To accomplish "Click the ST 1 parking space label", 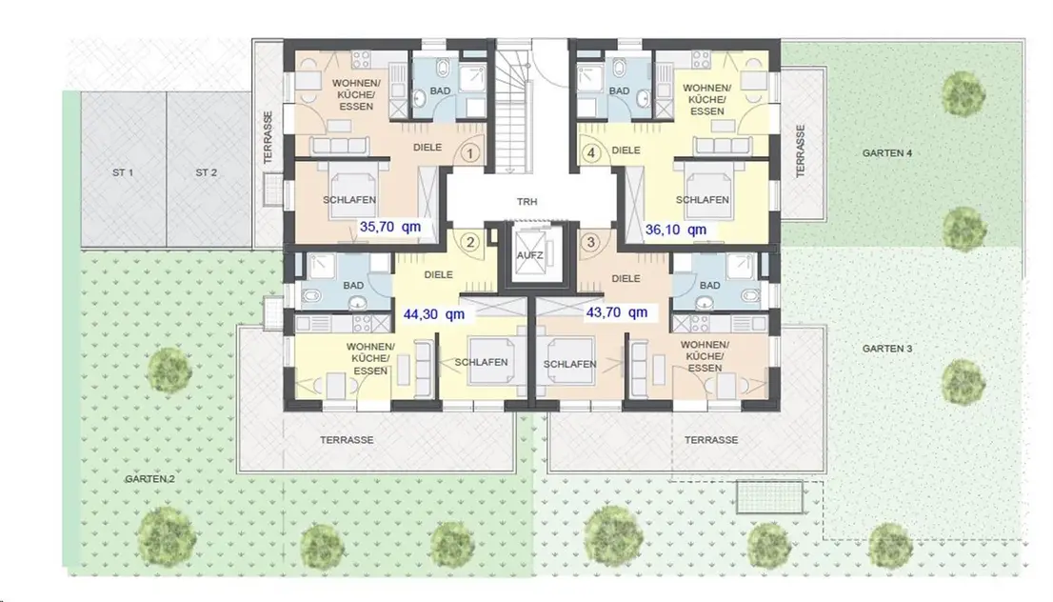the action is pyautogui.click(x=123, y=172).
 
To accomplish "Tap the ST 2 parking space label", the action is pyautogui.click(x=207, y=172).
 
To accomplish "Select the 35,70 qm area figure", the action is pyautogui.click(x=390, y=227).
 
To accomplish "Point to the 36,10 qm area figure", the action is pyautogui.click(x=676, y=230).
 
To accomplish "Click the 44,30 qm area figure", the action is pyautogui.click(x=434, y=313).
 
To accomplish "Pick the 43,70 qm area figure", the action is pyautogui.click(x=617, y=312).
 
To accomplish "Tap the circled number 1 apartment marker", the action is pyautogui.click(x=470, y=154).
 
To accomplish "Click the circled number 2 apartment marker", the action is pyautogui.click(x=470, y=242).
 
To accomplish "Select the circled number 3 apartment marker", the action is pyautogui.click(x=591, y=242).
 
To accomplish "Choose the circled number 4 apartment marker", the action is pyautogui.click(x=591, y=153).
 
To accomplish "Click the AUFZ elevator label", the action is pyautogui.click(x=530, y=255).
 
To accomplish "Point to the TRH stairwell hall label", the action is pyautogui.click(x=527, y=202).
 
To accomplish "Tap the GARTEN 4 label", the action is pyautogui.click(x=887, y=153).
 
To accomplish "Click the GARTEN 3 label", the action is pyautogui.click(x=887, y=349).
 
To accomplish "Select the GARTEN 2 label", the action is pyautogui.click(x=149, y=479).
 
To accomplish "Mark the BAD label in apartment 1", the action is pyautogui.click(x=441, y=90).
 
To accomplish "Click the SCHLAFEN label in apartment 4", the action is pyautogui.click(x=703, y=200).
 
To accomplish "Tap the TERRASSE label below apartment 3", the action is pyautogui.click(x=711, y=440).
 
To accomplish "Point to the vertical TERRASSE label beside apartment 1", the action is pyautogui.click(x=268, y=138).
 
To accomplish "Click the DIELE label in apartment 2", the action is pyautogui.click(x=439, y=274).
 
